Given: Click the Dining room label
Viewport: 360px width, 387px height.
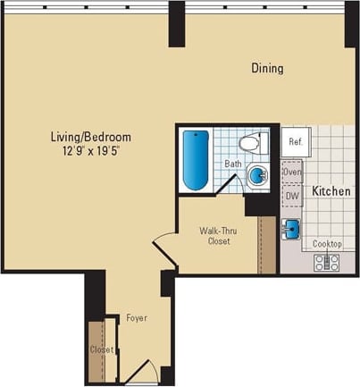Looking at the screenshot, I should click(x=267, y=68).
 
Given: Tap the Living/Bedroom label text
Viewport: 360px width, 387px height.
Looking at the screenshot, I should click(x=90, y=137).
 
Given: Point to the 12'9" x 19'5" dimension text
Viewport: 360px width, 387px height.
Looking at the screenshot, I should click(x=90, y=151).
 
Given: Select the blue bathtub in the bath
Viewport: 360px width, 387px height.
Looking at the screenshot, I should click(x=196, y=160).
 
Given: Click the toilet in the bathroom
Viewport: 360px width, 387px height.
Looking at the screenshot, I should click(x=250, y=142).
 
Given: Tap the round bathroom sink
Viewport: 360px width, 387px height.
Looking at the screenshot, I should click(x=256, y=175).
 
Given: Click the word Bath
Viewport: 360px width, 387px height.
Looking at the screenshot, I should click(x=232, y=164).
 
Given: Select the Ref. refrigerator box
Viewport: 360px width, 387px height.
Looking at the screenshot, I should click(x=296, y=141).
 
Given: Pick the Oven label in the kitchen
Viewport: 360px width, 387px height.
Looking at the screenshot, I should click(x=292, y=171).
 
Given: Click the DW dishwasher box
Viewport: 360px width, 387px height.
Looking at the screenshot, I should click(x=292, y=196).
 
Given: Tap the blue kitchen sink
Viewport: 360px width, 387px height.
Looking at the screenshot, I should click(x=291, y=228).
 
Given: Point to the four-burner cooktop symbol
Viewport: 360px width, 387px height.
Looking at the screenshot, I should click(x=326, y=262).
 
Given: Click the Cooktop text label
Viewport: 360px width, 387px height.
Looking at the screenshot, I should click(x=326, y=244).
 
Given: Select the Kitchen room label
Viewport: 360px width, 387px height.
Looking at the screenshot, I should click(x=330, y=191).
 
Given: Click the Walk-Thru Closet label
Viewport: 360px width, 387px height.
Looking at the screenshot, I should click(x=217, y=235).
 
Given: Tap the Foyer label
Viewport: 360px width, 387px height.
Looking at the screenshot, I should click(x=136, y=318).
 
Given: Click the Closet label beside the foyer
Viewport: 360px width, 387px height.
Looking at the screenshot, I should click(x=101, y=349).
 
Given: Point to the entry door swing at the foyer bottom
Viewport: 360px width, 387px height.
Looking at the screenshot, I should click(x=142, y=373).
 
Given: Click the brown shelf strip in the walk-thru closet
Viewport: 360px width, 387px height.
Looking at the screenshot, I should click(x=266, y=243).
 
